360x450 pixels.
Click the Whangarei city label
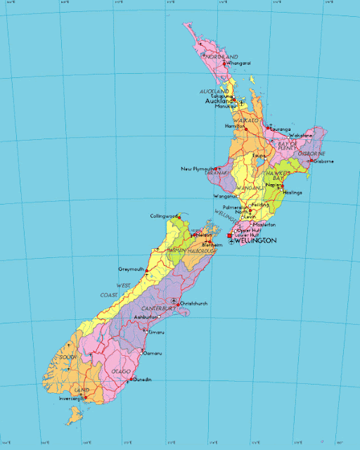[240, 63]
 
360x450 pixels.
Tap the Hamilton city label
[233, 126]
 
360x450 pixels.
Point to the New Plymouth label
[197, 169]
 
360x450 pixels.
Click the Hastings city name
[292, 192]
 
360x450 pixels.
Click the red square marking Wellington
[229, 235]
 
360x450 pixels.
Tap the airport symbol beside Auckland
[241, 102]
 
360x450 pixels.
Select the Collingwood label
[164, 216]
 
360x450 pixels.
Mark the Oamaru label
[153, 353]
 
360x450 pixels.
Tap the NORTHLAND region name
[222, 56]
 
